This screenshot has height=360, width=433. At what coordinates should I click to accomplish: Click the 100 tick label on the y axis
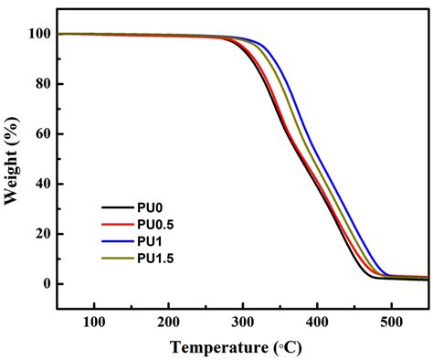tap(38, 34)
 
